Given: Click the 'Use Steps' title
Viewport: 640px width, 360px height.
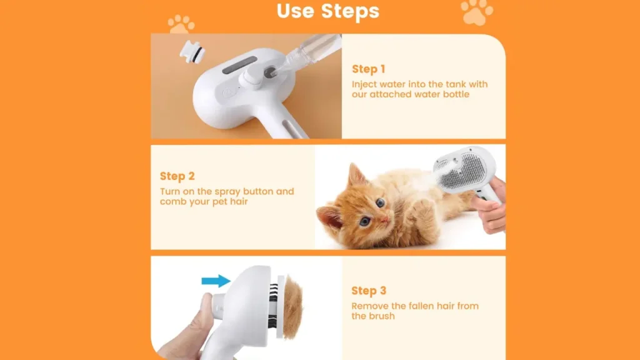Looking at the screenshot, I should tap(328, 11).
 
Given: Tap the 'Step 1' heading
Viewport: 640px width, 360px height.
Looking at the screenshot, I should tap(369, 69).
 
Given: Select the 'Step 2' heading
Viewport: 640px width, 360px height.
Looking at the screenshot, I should tap(177, 176).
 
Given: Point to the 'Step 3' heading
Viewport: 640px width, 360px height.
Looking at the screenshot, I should tap(369, 291).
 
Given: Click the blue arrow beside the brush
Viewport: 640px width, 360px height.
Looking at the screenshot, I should tap(216, 281).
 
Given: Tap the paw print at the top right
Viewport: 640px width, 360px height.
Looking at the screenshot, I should tap(476, 12).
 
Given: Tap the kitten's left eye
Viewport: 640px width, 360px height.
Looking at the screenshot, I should tap(380, 202).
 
